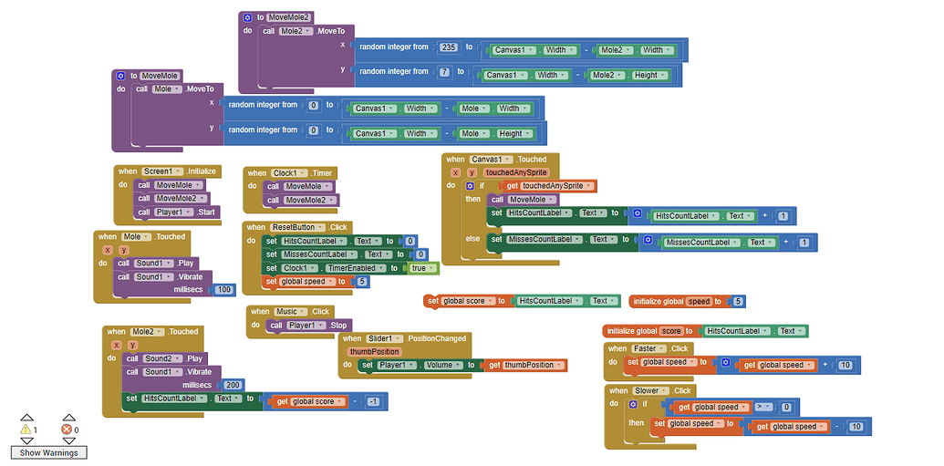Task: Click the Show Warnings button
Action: point(48,452)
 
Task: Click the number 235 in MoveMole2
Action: point(447,47)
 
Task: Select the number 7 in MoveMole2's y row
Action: point(443,72)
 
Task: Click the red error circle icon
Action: point(66,430)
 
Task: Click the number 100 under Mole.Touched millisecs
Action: point(223,289)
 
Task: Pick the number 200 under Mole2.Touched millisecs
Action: point(233,385)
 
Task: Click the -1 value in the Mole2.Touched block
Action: point(372,401)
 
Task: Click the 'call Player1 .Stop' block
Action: point(309,325)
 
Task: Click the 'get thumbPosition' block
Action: point(528,365)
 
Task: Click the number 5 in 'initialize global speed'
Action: point(738,301)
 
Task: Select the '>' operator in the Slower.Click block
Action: point(762,407)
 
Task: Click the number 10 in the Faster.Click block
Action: point(845,365)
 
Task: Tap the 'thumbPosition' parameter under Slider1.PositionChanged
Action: point(375,351)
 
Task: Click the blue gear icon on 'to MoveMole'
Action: point(120,76)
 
